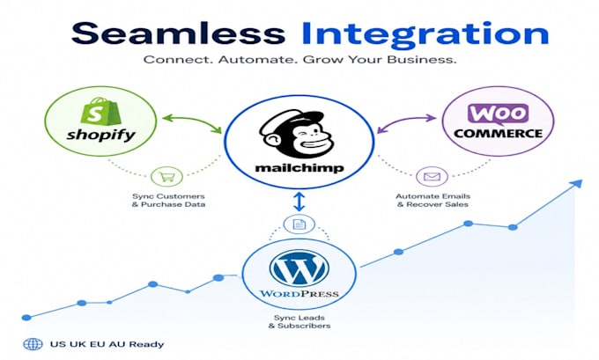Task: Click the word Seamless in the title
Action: point(178,33)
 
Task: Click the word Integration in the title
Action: point(425,35)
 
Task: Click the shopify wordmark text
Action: point(100,135)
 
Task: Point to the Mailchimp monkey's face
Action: point(297,134)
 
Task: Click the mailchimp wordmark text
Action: point(299,167)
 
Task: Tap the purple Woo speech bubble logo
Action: point(498,114)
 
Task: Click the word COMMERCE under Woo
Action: point(499,134)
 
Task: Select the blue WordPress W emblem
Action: point(299,268)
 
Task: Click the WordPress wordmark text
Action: point(299,294)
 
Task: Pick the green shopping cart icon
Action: point(167,176)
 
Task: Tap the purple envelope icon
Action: point(432,176)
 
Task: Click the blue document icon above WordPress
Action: point(299,224)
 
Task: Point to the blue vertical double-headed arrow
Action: point(299,202)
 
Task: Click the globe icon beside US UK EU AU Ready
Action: point(33,344)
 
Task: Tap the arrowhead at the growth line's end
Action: point(577,184)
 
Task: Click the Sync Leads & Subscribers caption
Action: point(299,321)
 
